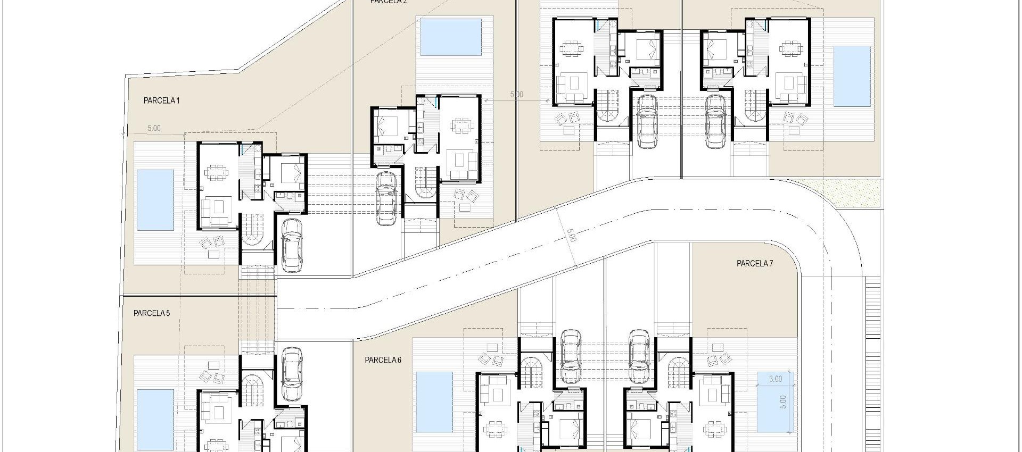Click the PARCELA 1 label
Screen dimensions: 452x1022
coord(162,101)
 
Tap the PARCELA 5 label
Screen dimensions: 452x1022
coord(152,313)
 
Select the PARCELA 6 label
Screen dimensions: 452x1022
coord(383,360)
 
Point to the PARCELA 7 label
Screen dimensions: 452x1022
coord(755,263)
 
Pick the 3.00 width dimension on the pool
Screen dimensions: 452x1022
coord(776,379)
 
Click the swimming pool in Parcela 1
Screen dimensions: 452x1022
coord(155,200)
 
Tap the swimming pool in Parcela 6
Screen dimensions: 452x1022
coord(434,401)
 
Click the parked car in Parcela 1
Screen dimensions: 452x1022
coord(291,245)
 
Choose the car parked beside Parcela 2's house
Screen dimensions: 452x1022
coord(385,198)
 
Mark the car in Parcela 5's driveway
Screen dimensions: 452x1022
coord(291,374)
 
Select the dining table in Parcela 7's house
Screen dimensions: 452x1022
coord(714,427)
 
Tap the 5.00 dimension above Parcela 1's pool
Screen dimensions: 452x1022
coord(154,128)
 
